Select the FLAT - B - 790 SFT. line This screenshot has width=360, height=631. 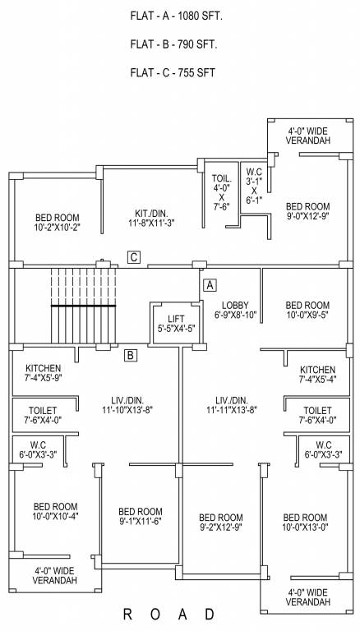[x=173, y=44]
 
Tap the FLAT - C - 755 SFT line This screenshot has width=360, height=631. [x=173, y=72]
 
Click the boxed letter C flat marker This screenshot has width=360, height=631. [x=134, y=257]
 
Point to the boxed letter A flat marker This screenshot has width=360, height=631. [x=210, y=285]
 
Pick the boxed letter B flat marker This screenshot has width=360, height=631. [x=130, y=356]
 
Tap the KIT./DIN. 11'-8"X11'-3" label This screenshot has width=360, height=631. [x=151, y=217]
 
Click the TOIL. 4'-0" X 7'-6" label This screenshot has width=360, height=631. [x=221, y=192]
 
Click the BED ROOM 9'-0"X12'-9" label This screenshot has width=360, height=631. [x=307, y=211]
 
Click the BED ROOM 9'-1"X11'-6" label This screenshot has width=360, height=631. [x=140, y=516]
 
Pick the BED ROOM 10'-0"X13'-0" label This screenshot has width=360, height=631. [x=306, y=523]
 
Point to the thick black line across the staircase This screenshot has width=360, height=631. [x=82, y=306]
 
